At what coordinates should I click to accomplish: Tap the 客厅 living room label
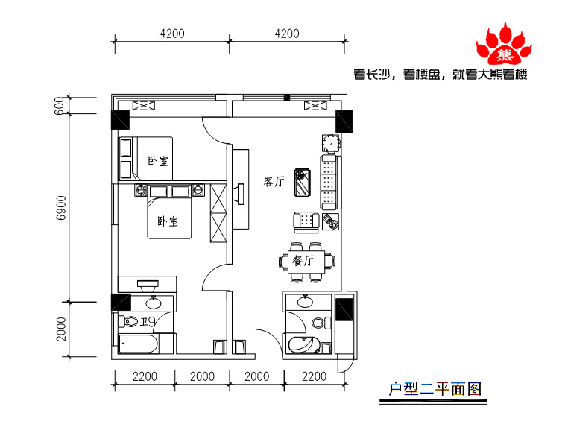coord(274,181)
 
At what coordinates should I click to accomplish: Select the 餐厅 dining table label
coord(303,260)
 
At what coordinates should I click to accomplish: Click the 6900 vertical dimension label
coord(62,208)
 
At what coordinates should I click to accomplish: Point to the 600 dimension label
coord(60,106)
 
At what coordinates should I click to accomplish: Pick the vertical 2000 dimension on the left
coord(62,329)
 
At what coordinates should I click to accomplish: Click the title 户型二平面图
coord(435,389)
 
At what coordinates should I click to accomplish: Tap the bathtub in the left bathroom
coord(139,344)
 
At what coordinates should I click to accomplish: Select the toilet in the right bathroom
coord(321,323)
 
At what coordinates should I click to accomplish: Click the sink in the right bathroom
coord(305,302)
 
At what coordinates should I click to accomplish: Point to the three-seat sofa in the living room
coord(330,182)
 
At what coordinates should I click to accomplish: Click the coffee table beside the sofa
coord(302,183)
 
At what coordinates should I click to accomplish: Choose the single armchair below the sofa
coord(306,222)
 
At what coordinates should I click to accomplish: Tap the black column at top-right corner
coord(344,121)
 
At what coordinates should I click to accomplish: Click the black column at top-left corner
coord(120,119)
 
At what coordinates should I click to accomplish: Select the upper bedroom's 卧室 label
coord(158,161)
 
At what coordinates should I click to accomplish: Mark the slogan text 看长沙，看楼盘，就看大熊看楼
coord(441,75)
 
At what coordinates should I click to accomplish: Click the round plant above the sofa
coord(331,143)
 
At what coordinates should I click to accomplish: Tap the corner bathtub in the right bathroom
coord(304,345)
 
